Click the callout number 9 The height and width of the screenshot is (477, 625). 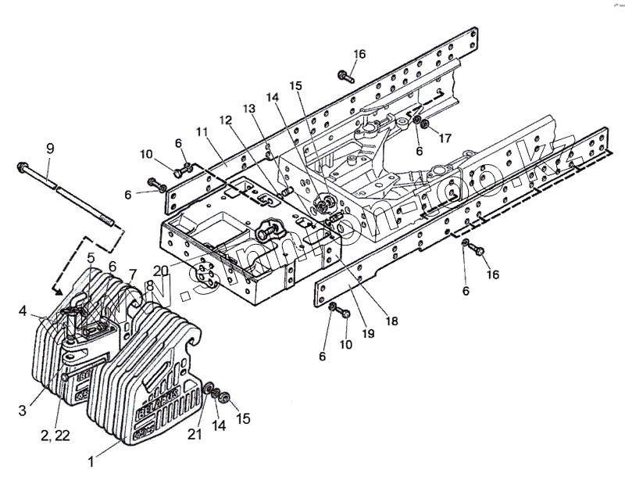click(50, 148)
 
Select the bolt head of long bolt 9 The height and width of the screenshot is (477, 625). click(21, 167)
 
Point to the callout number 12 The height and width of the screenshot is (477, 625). click(225, 121)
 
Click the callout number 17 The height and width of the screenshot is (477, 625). click(444, 139)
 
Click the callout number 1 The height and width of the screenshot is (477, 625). click(93, 462)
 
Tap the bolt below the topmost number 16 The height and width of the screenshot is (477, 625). click(345, 76)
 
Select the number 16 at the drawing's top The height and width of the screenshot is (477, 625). click(359, 54)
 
